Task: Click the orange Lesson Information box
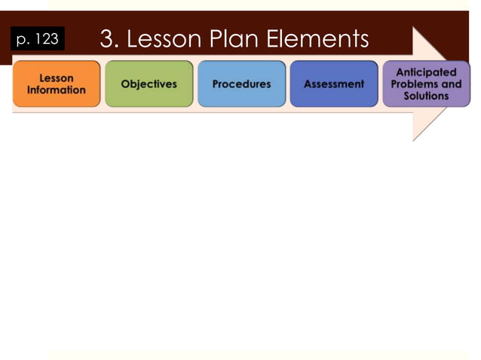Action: pos(57,84)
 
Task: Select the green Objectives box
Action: pos(149,84)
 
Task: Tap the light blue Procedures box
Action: pos(241,84)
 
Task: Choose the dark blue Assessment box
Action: pos(333,84)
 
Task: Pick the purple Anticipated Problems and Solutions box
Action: pos(426,84)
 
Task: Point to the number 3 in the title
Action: pos(106,38)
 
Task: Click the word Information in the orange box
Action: pos(57,90)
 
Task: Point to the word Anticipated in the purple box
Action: pos(426,72)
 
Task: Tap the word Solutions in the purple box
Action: pos(426,96)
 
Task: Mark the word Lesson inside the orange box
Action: pos(57,78)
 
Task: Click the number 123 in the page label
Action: pos(46,38)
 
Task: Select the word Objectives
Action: pos(149,84)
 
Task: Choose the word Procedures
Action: pos(241,84)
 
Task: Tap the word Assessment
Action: pos(333,84)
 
